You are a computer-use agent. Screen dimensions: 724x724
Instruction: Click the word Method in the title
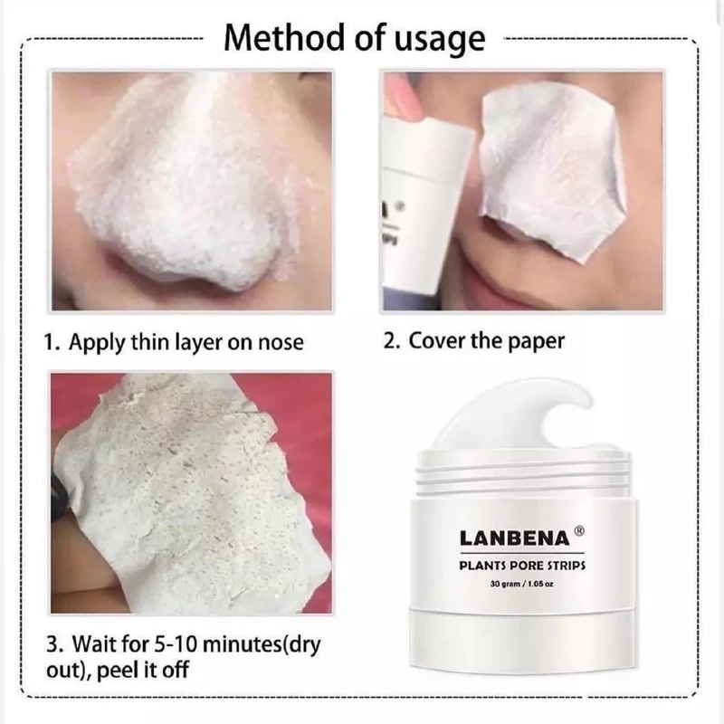284,38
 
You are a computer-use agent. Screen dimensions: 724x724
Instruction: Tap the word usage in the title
440,41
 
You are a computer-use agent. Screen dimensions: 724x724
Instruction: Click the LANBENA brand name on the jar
515,538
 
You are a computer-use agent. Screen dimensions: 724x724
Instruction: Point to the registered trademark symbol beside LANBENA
579,531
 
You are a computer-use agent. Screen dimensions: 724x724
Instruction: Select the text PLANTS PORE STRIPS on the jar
522,565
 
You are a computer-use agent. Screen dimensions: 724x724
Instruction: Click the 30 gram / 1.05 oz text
522,584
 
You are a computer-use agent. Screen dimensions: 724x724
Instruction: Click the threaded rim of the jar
523,472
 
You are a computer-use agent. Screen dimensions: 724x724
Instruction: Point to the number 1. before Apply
52,342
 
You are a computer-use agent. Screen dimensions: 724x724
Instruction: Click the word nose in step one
281,343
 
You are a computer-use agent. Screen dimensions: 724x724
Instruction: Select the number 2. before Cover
392,341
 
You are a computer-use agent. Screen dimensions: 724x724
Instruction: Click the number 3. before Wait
55,644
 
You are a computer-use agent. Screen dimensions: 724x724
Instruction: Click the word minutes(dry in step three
262,645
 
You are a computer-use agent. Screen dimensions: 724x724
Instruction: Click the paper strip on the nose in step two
553,171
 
